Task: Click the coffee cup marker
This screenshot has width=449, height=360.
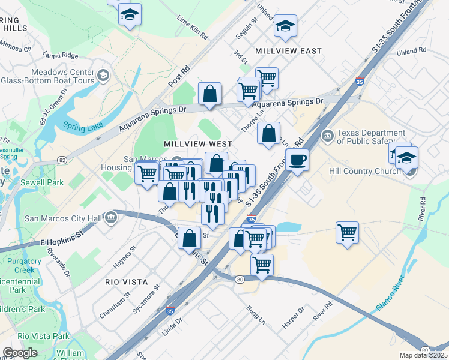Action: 297,160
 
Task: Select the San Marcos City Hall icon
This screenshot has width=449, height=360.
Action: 110,217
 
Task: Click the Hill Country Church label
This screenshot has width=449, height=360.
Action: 364,171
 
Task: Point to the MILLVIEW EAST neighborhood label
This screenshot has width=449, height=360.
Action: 288,51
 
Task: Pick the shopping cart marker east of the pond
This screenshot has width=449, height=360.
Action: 348,232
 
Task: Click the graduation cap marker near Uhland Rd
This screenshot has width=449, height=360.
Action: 286,26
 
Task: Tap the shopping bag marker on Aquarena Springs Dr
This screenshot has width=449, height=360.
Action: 209,94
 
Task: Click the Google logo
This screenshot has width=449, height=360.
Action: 20,353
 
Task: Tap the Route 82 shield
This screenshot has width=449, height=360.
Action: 62,160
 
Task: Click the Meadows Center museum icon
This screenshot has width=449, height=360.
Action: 103,75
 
